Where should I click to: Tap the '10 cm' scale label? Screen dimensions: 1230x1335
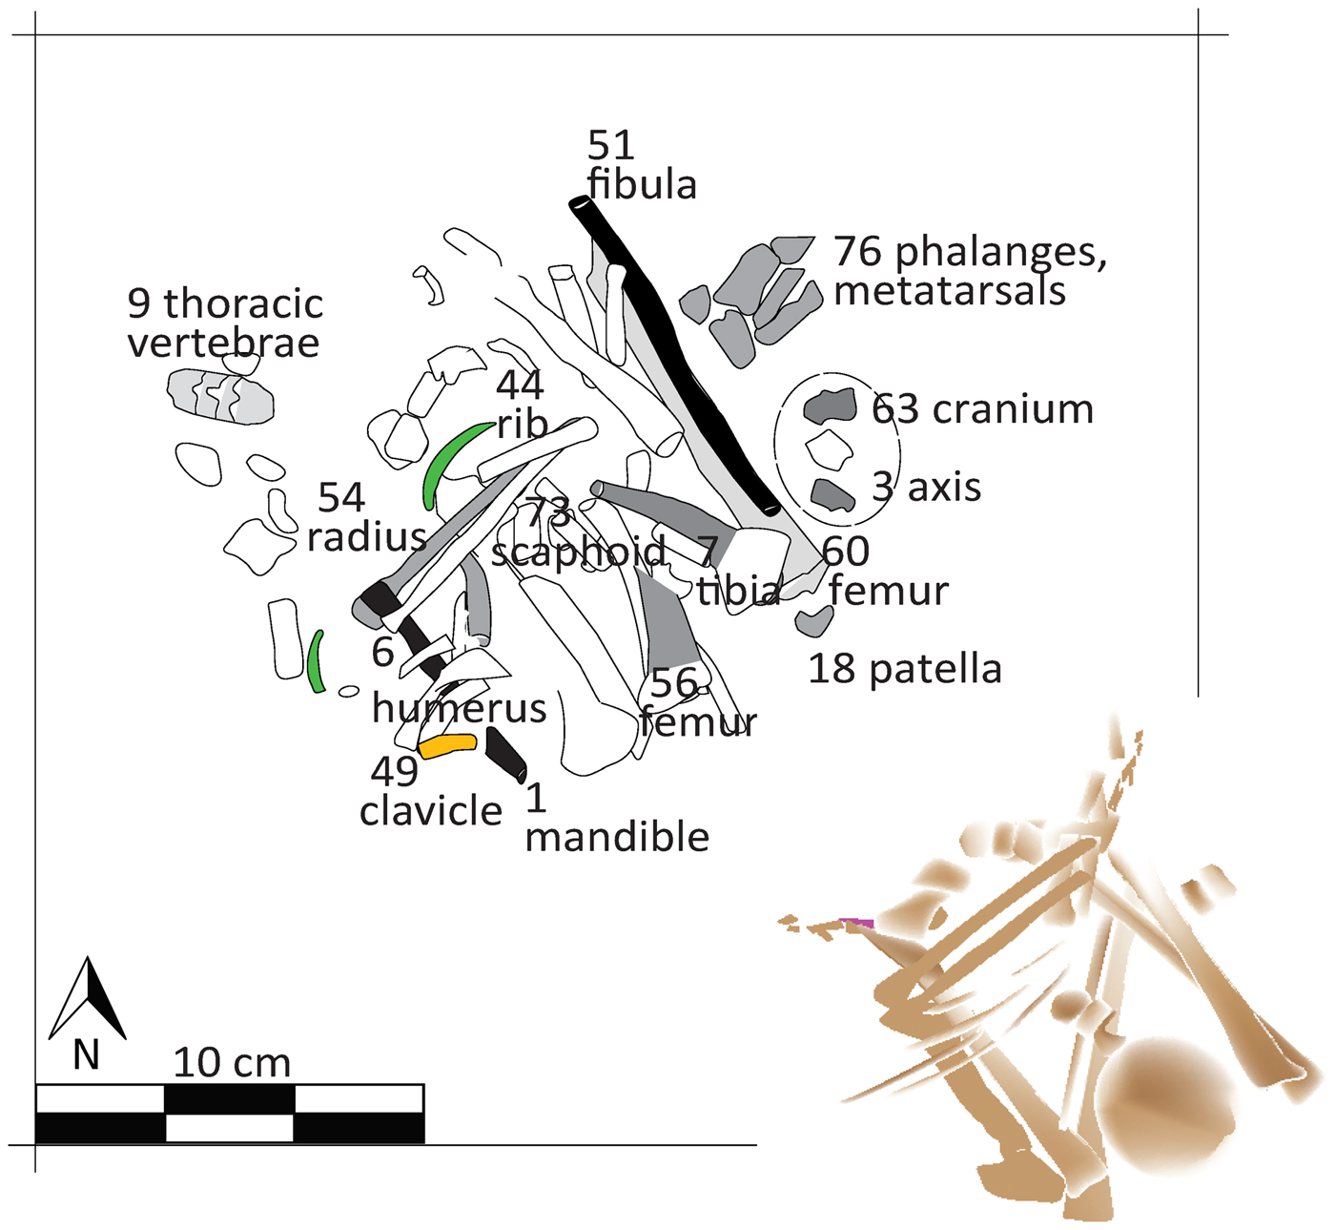232,1063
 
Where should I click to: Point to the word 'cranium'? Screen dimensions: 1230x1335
1013,409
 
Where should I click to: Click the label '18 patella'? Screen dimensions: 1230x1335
904,669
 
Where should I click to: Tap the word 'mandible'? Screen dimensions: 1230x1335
617,837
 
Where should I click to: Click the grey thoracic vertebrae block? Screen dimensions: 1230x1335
220,394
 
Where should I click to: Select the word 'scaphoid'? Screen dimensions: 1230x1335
579,552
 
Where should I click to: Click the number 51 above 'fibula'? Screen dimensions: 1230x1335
610,146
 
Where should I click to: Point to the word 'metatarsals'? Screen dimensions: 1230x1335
949,291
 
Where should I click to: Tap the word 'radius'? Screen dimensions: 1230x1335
366,537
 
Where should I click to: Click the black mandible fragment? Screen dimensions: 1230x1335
505,753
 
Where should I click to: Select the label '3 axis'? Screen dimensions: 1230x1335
926,488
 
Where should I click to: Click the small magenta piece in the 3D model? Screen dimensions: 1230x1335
857,923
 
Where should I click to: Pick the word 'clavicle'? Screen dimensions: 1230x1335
430,811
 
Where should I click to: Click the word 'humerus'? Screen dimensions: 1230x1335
459,708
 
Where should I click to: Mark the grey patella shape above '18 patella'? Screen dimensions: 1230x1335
814,622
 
